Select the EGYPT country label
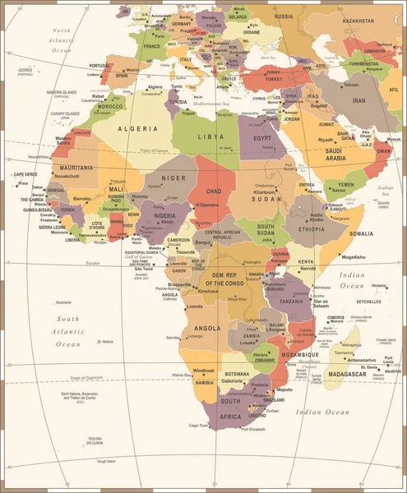coord(262,139)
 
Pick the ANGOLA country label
coord(206,329)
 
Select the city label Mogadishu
coord(341,257)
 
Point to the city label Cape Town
coord(199,425)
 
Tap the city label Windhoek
coord(204,371)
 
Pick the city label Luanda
coord(196,306)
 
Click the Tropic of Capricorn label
coord(90,378)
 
